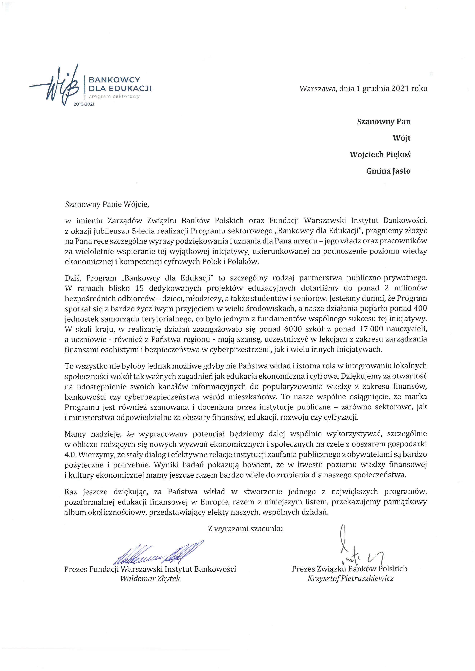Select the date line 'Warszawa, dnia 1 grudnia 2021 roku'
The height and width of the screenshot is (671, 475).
click(x=363, y=89)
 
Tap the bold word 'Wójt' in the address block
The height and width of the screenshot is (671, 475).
click(x=402, y=138)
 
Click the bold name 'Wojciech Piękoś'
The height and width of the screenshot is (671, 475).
click(x=380, y=155)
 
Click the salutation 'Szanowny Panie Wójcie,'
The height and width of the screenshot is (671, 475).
click(x=107, y=204)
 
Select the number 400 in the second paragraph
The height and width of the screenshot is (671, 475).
click(x=420, y=308)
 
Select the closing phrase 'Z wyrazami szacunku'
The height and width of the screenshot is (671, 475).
click(x=245, y=529)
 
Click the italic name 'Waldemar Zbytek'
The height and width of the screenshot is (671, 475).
click(x=150, y=578)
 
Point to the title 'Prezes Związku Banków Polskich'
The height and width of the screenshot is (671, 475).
click(x=349, y=569)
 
